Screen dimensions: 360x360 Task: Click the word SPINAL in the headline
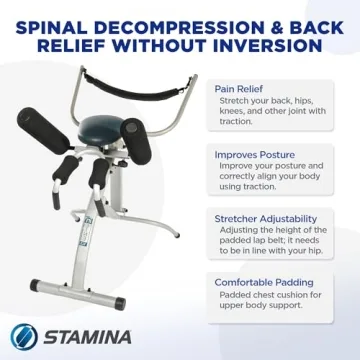[x=50, y=21]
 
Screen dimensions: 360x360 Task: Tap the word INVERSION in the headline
[x=269, y=44]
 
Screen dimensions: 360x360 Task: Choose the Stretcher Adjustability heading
[x=265, y=219]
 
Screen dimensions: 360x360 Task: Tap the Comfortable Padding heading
[x=261, y=283]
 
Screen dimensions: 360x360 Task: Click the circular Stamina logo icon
[x=25, y=334]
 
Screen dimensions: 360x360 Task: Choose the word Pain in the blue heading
[x=225, y=88]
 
